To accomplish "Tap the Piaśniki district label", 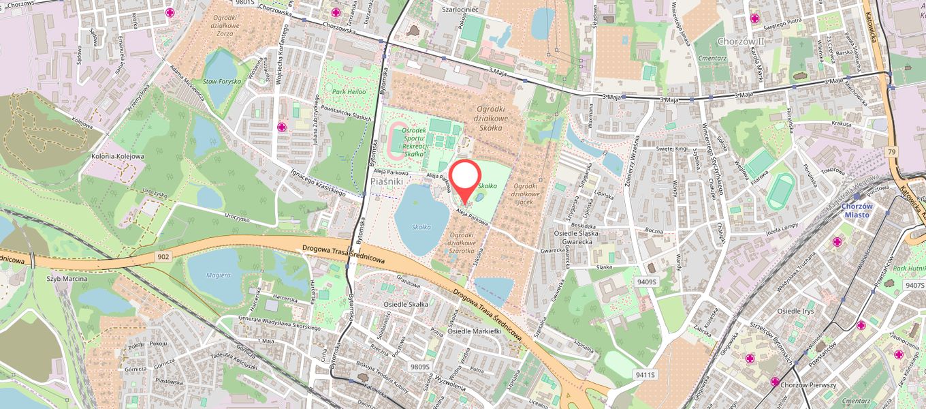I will pos(388,183).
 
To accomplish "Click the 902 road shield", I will pos(162,256).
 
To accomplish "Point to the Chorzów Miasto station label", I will pos(857,210).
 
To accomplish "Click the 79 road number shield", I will pos(892,151).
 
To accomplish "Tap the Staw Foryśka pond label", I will pos(222,82).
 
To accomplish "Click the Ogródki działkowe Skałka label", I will pos(490,122).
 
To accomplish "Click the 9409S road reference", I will pos(646,282).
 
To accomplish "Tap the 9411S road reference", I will pos(645,374).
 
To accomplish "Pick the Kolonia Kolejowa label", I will pos(117,156).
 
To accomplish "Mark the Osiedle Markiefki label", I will pos(475,331).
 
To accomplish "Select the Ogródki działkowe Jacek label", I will pos(525,194).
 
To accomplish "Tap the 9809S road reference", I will pos(420,367).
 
